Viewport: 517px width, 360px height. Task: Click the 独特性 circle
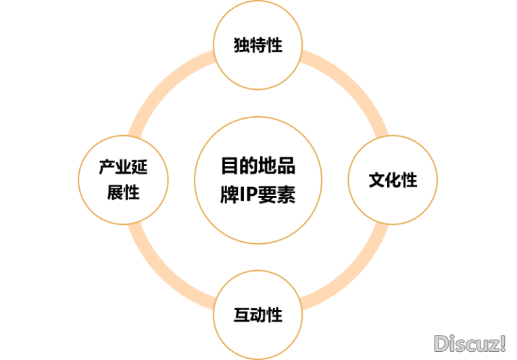click(257, 45)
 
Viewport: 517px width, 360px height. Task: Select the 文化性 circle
click(393, 180)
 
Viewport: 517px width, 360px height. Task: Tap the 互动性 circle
click(257, 315)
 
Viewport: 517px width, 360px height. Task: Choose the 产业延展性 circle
click(123, 180)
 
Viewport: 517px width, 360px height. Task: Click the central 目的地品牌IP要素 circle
click(257, 180)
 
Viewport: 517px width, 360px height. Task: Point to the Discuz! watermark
click(470, 343)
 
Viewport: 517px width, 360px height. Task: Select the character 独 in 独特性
click(241, 45)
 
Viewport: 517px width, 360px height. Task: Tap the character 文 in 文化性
click(376, 180)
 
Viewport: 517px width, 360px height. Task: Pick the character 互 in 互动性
click(241, 315)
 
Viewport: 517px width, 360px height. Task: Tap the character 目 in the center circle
click(230, 166)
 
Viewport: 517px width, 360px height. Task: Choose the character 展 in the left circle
click(115, 192)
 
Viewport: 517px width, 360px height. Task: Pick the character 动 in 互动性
click(257, 315)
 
